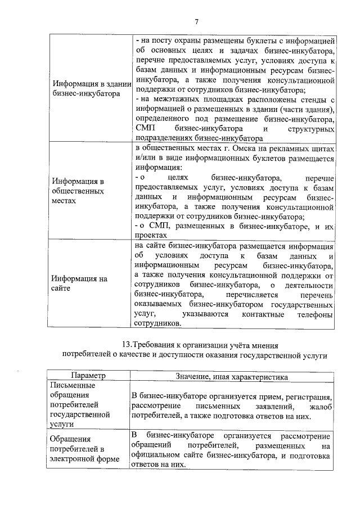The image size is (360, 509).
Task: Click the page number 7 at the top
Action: point(196,22)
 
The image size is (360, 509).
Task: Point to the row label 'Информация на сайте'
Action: point(79,283)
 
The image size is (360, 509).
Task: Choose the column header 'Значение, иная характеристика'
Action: point(233,376)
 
